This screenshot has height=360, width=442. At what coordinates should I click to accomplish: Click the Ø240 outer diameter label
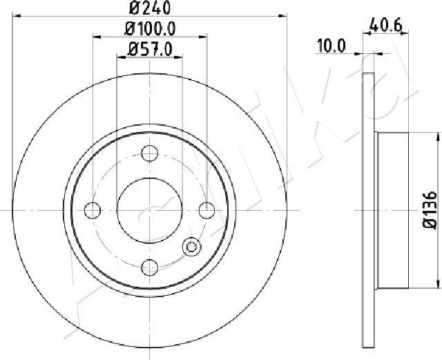[x=150, y=8]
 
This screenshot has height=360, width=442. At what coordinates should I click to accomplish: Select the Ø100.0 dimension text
[x=150, y=29]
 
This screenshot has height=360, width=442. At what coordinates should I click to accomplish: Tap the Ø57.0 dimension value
[x=150, y=50]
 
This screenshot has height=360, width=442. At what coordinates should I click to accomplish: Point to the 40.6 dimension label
[x=385, y=25]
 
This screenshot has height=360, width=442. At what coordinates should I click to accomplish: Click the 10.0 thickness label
[x=331, y=46]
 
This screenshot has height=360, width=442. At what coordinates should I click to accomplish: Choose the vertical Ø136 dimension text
[x=430, y=210]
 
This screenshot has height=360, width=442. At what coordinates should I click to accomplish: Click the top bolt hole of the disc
[x=149, y=153]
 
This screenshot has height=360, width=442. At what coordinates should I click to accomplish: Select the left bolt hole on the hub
[x=93, y=211]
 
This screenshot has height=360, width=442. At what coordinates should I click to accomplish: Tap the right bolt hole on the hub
[x=207, y=211]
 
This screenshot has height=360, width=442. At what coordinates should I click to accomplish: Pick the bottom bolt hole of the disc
[x=149, y=267]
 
